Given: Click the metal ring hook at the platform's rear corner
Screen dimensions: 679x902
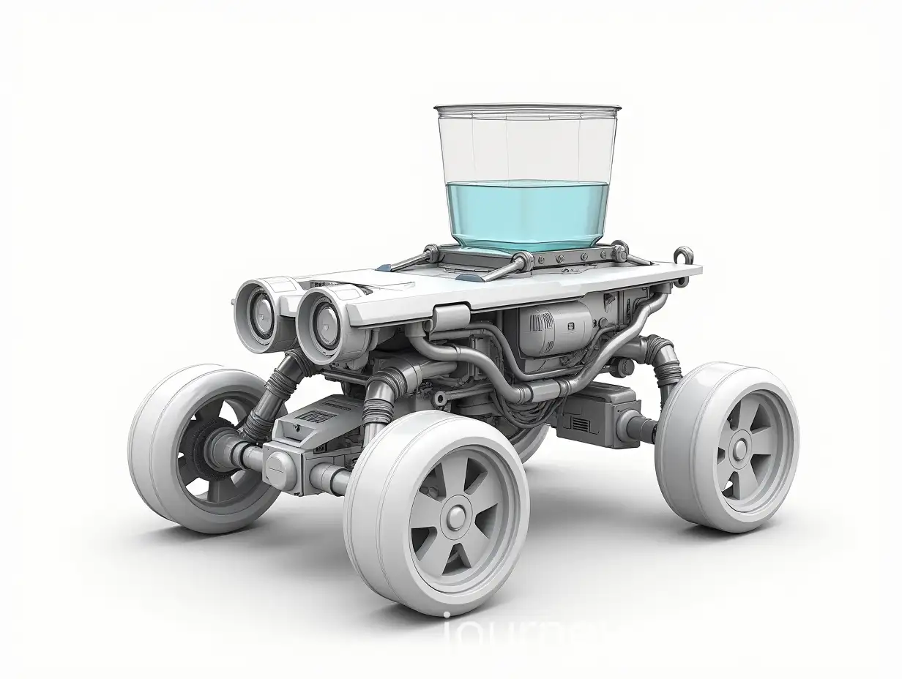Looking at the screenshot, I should pos(684,257).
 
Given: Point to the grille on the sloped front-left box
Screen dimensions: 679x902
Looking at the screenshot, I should pos(317,419).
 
